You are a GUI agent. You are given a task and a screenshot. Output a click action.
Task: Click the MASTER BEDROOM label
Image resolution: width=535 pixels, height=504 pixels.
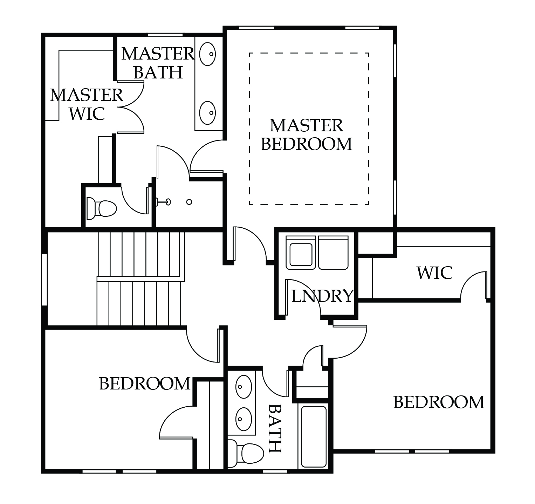[306, 135]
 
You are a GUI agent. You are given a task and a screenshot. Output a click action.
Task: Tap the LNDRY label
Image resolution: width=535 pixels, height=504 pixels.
[322, 296]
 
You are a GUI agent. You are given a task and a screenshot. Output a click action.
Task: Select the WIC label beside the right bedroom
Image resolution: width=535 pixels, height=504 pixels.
[434, 273]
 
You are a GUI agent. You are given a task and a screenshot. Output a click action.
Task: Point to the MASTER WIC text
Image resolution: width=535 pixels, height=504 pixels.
[87, 104]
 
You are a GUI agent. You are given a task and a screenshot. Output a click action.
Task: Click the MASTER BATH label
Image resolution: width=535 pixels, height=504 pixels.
[158, 63]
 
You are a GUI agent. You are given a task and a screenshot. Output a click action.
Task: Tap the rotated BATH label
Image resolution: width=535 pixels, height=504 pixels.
[275, 428]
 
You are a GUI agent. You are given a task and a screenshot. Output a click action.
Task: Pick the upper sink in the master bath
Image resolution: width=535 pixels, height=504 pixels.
[207, 54]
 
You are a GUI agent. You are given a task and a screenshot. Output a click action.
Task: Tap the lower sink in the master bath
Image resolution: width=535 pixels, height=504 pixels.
[207, 113]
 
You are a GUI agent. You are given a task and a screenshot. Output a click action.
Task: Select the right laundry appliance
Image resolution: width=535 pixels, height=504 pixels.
[333, 253]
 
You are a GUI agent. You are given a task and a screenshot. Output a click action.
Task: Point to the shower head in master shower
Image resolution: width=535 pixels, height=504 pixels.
[164, 201]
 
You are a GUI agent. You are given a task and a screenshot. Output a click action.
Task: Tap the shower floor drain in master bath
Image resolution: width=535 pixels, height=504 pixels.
[189, 202]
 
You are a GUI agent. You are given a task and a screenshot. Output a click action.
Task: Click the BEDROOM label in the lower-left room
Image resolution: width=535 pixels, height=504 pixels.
[145, 384]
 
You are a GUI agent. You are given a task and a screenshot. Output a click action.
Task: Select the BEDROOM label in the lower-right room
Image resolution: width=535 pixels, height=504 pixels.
[439, 402]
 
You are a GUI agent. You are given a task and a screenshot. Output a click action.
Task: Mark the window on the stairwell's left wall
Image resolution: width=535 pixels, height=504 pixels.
[44, 279]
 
